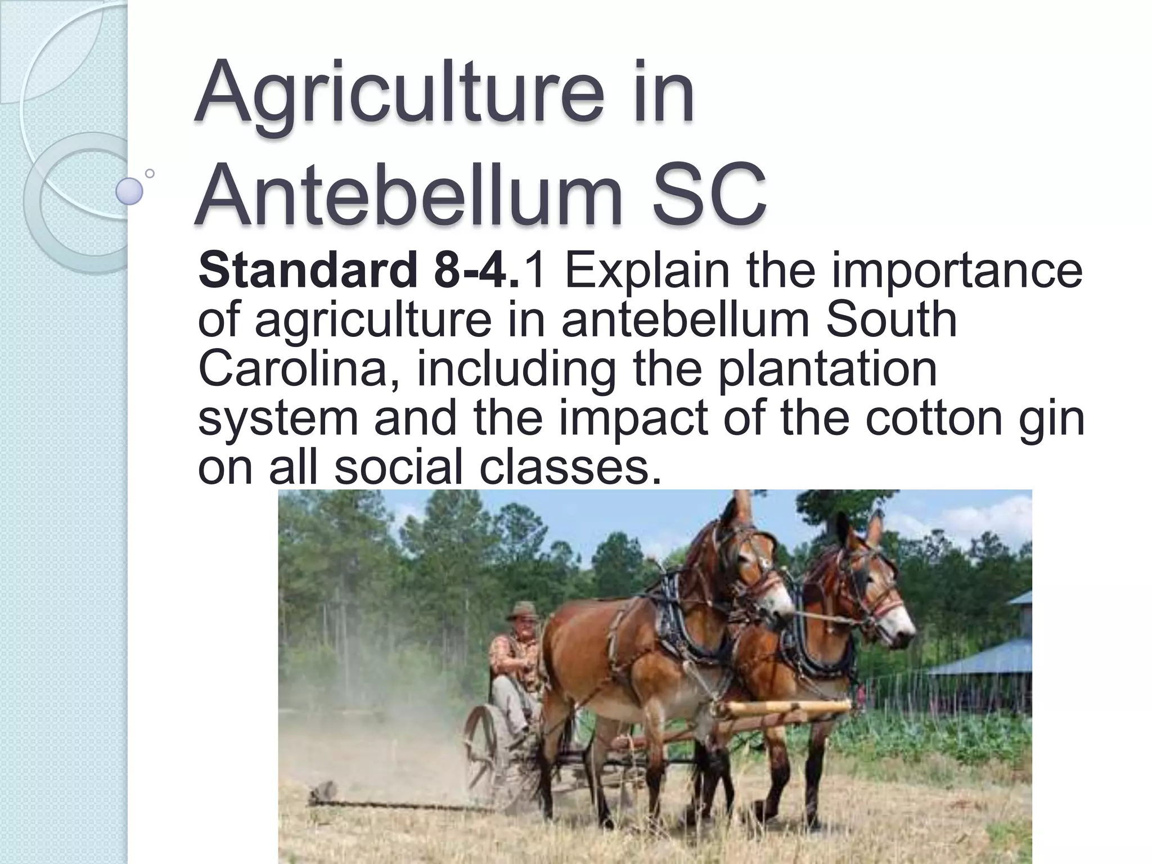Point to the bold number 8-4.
tap(476, 271)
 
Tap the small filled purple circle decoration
tap(129, 191)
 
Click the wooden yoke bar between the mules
tap(787, 708)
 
